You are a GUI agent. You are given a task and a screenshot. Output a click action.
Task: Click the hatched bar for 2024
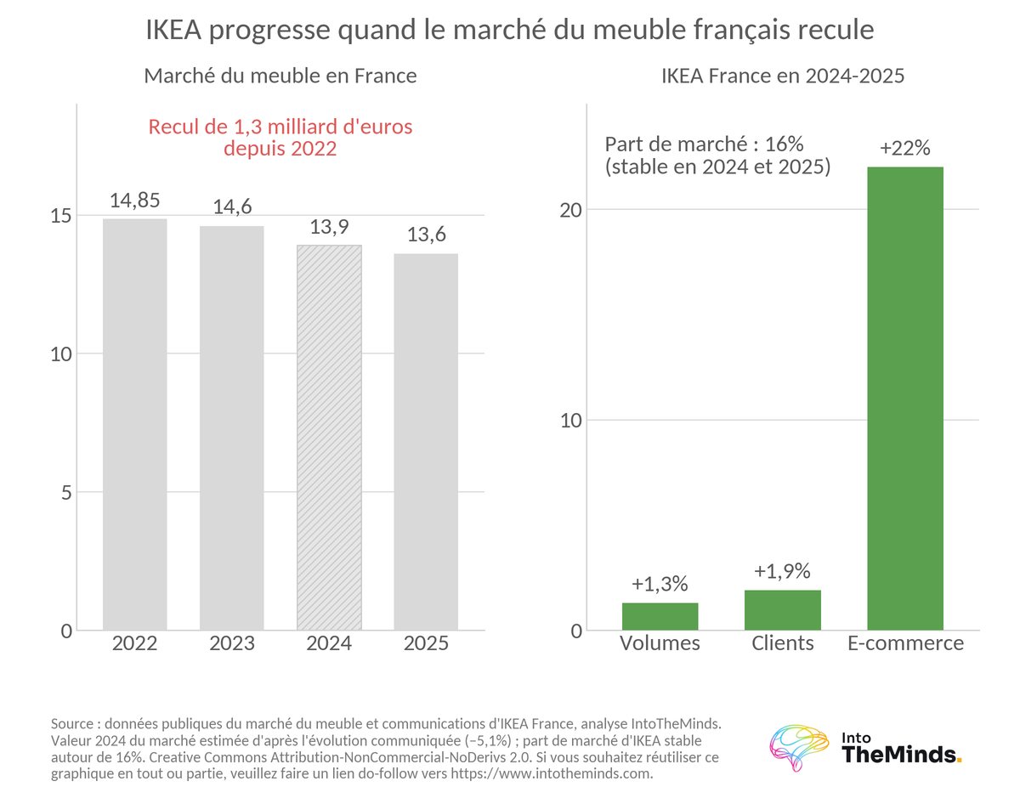coord(329,437)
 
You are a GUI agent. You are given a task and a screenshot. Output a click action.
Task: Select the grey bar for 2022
coord(134,424)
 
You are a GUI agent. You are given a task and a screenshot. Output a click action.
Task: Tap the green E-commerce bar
coord(905,399)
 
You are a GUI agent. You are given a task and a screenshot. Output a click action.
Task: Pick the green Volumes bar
coord(660,616)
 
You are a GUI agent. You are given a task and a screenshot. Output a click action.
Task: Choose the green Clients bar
coord(783,610)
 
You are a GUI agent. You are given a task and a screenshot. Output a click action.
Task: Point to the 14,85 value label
coord(134,201)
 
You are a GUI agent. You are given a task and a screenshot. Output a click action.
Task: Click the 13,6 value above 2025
coord(426,235)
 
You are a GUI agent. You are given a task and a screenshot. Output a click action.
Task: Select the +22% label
coord(905,148)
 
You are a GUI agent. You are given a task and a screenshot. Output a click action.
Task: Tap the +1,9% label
coord(782,571)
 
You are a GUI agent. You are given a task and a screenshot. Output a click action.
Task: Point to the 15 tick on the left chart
coord(60,216)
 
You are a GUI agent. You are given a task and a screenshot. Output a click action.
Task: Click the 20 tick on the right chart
coord(571,210)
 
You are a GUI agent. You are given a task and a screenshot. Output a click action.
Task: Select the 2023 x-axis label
coord(232,643)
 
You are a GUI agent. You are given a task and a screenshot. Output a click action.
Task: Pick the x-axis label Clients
coord(783,643)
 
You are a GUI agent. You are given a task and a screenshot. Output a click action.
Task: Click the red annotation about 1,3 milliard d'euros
coord(280,138)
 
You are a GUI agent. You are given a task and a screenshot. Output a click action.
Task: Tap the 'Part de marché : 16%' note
coord(704,144)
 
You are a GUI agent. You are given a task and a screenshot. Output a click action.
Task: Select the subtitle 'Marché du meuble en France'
coord(280,76)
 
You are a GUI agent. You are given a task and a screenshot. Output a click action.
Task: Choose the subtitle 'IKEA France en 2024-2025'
coord(783,76)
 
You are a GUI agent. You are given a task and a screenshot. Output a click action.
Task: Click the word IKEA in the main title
coord(173,29)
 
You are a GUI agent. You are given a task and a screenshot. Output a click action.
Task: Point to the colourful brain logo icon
coord(799,747)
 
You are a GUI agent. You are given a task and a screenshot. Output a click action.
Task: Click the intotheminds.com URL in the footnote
coord(552,773)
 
